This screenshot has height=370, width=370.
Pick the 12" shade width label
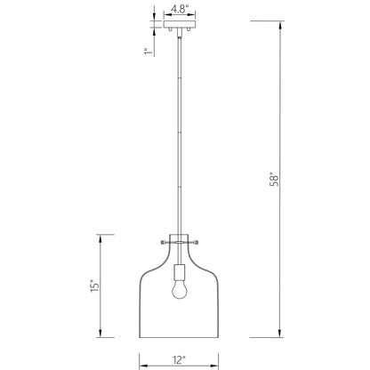(179, 359)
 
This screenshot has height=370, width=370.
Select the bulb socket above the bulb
(179, 271)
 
